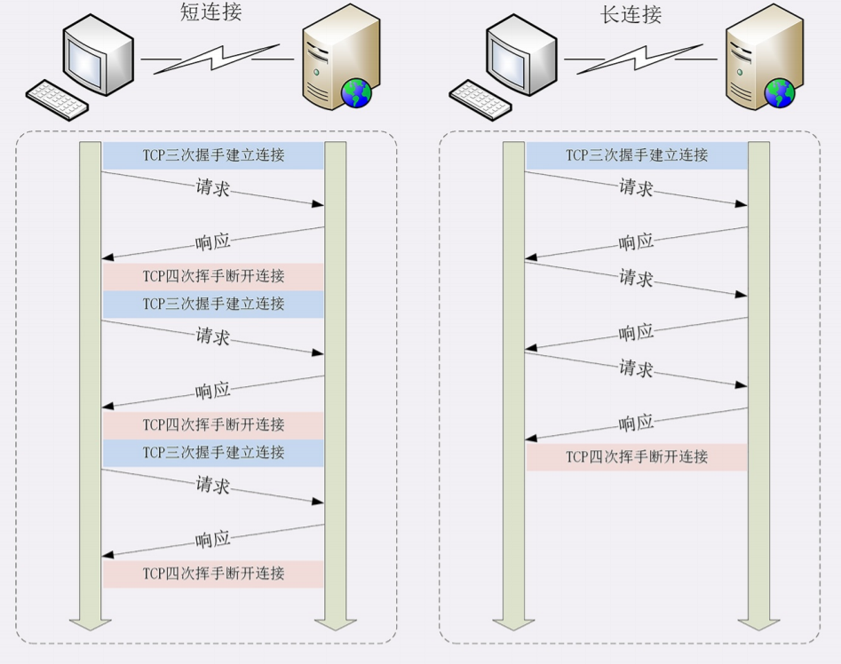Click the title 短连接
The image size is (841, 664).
click(211, 13)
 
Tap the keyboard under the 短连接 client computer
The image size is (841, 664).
click(57, 99)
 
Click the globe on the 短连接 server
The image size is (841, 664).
click(357, 91)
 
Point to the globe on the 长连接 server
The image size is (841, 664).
click(780, 91)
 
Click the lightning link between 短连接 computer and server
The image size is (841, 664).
click(218, 59)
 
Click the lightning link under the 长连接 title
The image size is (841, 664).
click(640, 59)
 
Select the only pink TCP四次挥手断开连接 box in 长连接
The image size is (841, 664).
click(637, 457)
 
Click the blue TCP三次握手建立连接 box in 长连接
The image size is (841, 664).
click(637, 155)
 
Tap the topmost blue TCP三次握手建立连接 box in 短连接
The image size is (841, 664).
click(213, 155)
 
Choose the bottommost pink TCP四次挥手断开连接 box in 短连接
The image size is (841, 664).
click(213, 573)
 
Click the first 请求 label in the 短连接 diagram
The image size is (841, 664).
click(213, 188)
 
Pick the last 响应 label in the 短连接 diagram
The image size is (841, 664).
click(213, 538)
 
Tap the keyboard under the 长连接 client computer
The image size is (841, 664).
click(480, 99)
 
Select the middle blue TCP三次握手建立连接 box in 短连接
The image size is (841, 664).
click(213, 304)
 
